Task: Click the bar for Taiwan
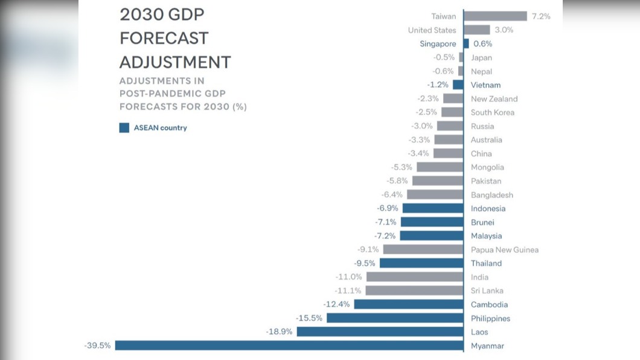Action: (x=495, y=16)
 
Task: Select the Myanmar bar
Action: (x=289, y=346)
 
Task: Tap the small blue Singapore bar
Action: (x=466, y=43)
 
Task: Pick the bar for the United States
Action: (x=477, y=30)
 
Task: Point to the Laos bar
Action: (x=380, y=332)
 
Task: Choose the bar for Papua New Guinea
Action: (x=423, y=249)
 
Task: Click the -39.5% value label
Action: (x=98, y=346)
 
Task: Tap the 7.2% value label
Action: (x=541, y=16)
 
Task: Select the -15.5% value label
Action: (x=309, y=318)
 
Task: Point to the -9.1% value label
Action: (x=368, y=249)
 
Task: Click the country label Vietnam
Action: (x=485, y=85)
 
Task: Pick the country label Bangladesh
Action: (x=492, y=195)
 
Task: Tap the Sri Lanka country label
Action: (x=487, y=291)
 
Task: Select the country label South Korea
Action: (x=493, y=112)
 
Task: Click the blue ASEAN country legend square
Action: (x=124, y=128)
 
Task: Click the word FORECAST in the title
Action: (x=164, y=39)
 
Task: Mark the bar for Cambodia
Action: (x=409, y=304)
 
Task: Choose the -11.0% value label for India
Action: (x=348, y=277)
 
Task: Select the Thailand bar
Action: (x=421, y=263)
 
